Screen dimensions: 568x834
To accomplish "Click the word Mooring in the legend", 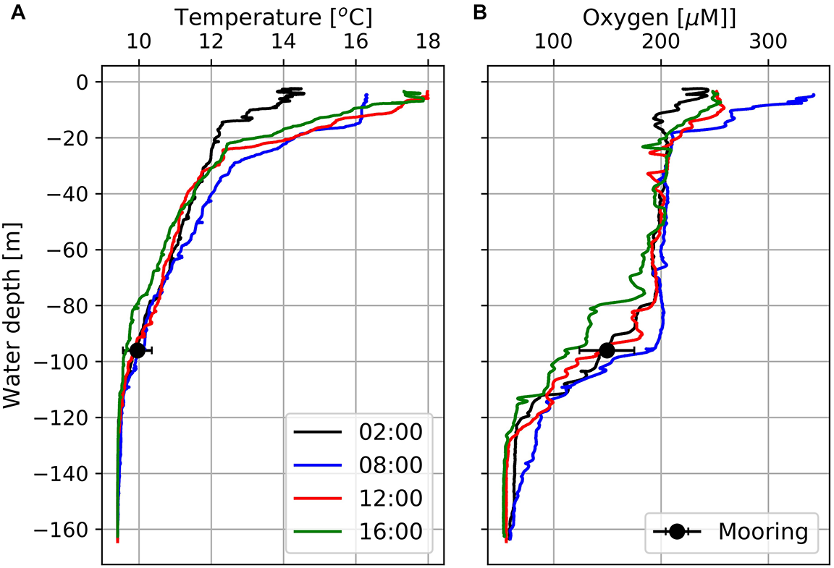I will click(762, 532).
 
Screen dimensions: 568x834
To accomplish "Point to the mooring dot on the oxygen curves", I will click(607, 350).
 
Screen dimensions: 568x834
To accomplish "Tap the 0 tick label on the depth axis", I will click(83, 82).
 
